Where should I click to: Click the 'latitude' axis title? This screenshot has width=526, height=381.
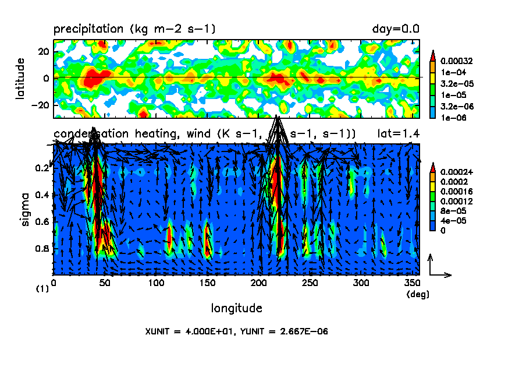[20, 78]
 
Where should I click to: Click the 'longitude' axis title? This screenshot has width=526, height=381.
[236, 308]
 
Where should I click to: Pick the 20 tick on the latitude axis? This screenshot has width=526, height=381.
[42, 51]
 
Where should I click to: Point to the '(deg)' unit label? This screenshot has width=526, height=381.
[417, 295]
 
